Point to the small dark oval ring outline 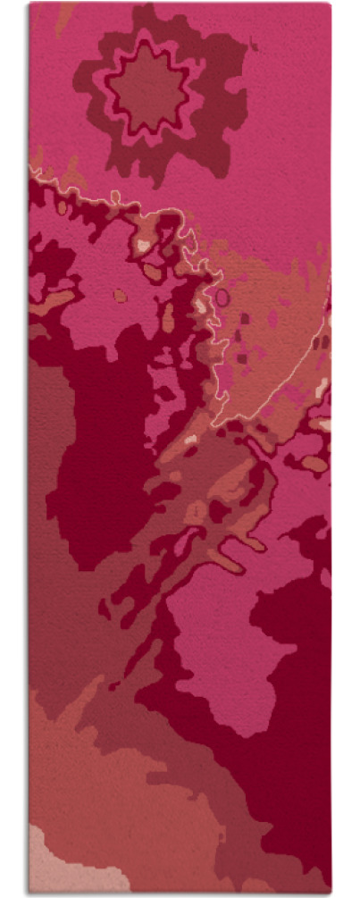(222, 297)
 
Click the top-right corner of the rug (329, 4)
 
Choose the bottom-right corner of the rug (329, 891)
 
